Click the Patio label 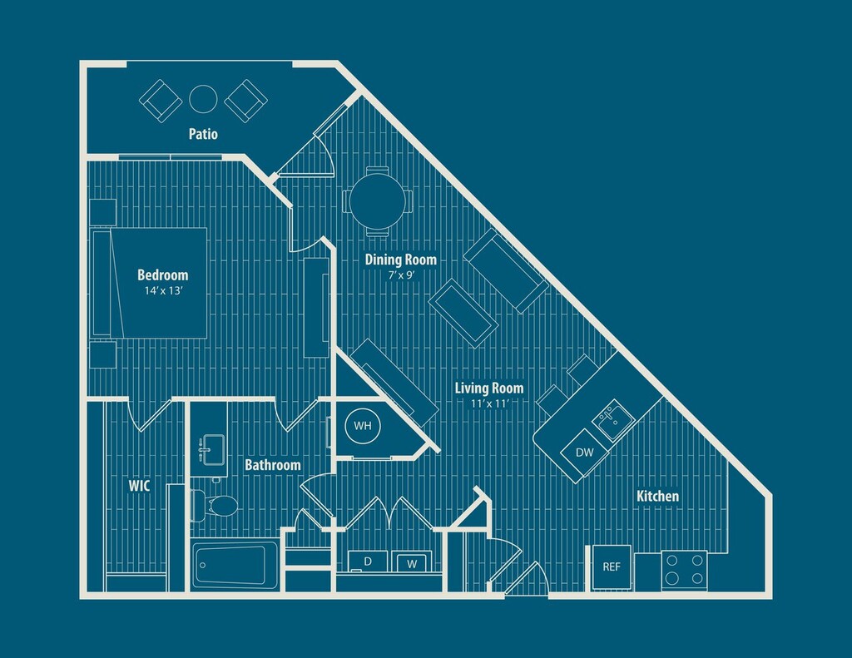click(203, 134)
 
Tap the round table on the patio click(203, 99)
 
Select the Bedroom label click(162, 275)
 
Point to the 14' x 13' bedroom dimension click(162, 290)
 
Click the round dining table click(377, 201)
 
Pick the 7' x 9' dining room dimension click(401, 275)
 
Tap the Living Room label click(489, 388)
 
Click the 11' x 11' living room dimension click(489, 403)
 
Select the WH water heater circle click(363, 425)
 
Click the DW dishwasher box click(585, 452)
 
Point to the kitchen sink click(614, 419)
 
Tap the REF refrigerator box click(612, 566)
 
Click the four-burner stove click(684, 570)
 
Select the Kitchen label click(657, 496)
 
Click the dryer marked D click(368, 562)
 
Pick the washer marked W click(412, 562)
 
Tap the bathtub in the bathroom click(235, 565)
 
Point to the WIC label click(139, 486)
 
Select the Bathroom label click(272, 465)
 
